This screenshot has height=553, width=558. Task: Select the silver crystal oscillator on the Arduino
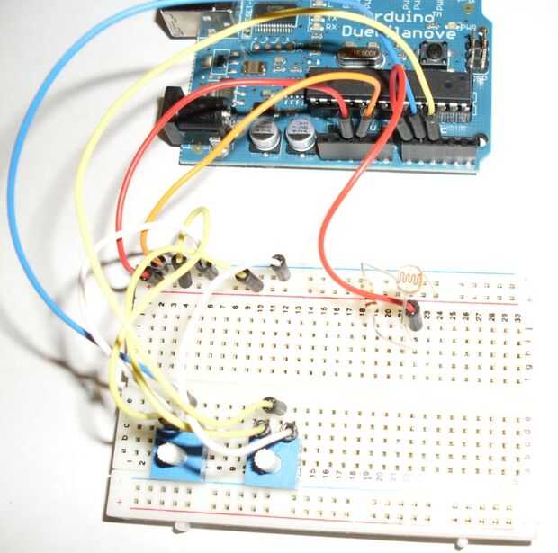pyautogui.click(x=360, y=57)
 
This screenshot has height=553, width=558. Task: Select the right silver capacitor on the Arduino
pyautogui.click(x=301, y=135)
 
